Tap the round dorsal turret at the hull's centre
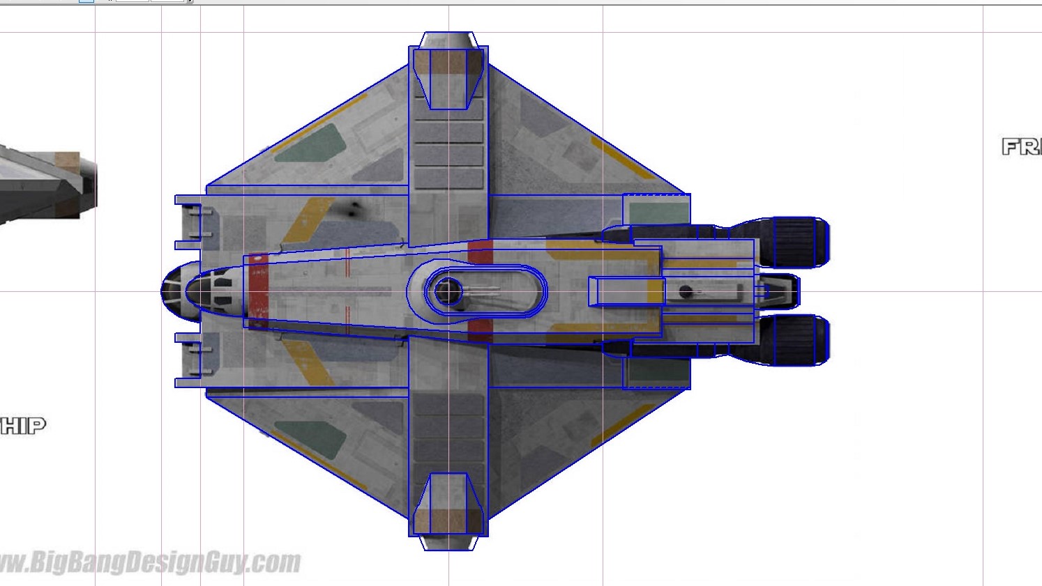[x=447, y=291]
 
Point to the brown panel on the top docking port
[x=448, y=64]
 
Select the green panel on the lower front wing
[x=310, y=439]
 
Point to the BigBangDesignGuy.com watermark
[x=150, y=562]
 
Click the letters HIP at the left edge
[x=22, y=425]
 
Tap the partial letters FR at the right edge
[x=1021, y=146]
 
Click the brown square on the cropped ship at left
[x=67, y=161]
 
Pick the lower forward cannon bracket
[x=192, y=360]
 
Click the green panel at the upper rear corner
[x=655, y=211]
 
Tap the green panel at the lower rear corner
[x=655, y=372]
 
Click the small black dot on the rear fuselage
[x=686, y=291]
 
